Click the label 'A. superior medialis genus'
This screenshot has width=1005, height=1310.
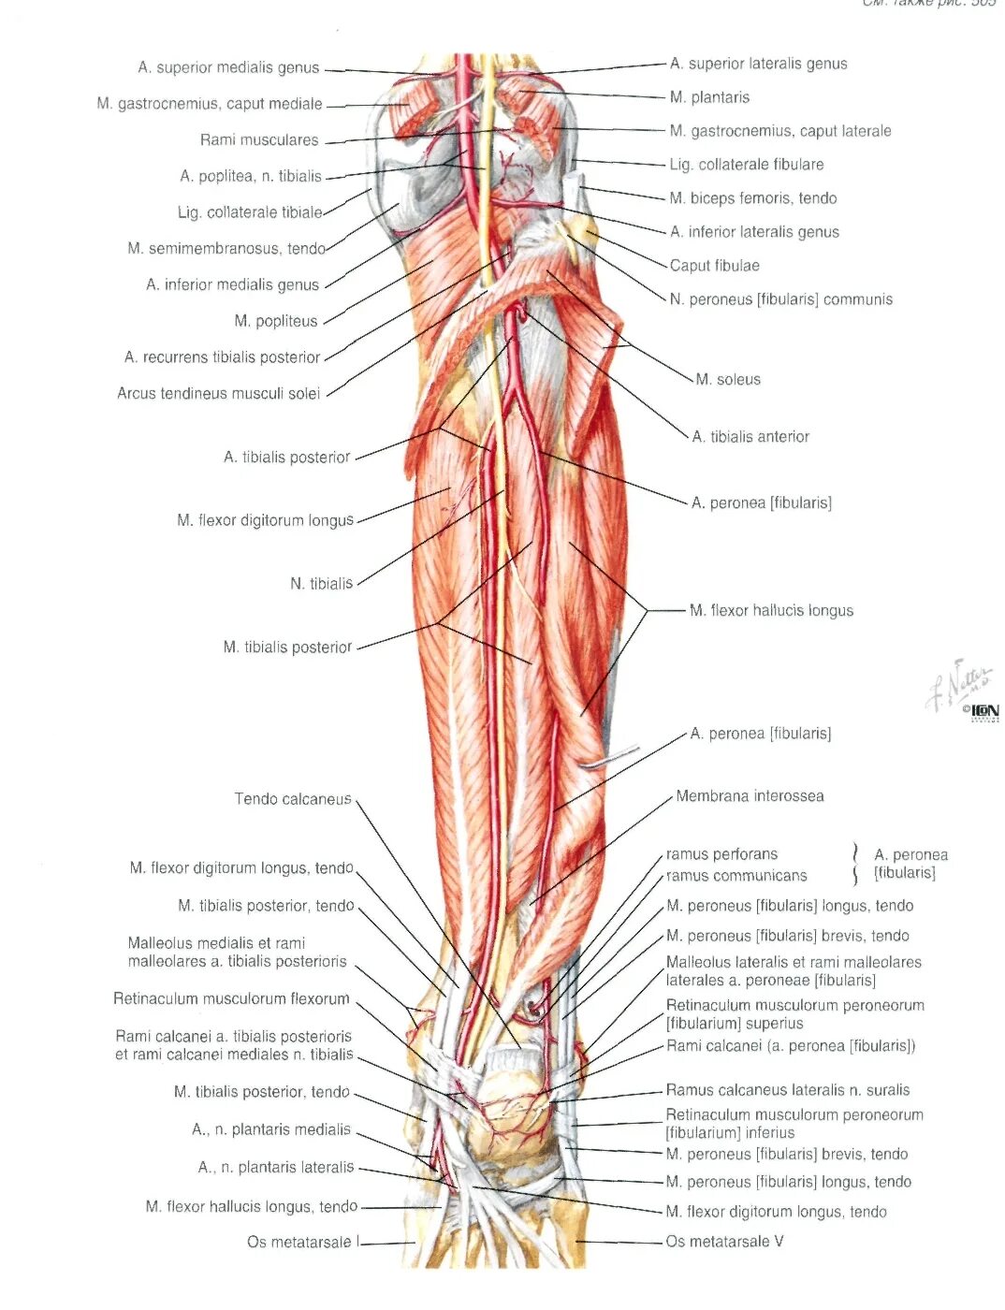click(x=228, y=67)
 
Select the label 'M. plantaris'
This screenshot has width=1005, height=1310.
click(x=709, y=97)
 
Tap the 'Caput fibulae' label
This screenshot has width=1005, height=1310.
click(x=714, y=266)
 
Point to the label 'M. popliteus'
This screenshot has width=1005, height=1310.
click(x=276, y=321)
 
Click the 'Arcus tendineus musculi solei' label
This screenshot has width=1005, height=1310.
click(x=218, y=394)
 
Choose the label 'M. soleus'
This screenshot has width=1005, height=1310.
click(x=728, y=379)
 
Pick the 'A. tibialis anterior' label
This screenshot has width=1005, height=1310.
click(x=750, y=437)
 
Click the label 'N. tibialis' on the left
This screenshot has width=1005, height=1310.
click(x=321, y=584)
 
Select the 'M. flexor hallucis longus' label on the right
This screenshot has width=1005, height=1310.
click(x=771, y=611)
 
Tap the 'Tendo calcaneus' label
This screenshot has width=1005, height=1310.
click(x=293, y=799)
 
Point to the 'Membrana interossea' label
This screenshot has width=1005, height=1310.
click(x=750, y=796)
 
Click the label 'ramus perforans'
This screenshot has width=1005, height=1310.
click(x=721, y=854)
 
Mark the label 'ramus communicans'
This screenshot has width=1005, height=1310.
click(x=736, y=876)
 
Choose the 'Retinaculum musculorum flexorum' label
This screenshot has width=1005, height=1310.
click(x=231, y=999)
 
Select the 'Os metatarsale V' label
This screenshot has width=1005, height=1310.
click(x=724, y=1242)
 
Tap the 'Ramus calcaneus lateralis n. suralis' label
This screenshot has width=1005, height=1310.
click(x=787, y=1090)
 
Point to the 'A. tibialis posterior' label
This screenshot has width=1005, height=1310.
click(x=286, y=458)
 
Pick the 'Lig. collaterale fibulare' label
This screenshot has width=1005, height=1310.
click(x=747, y=165)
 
